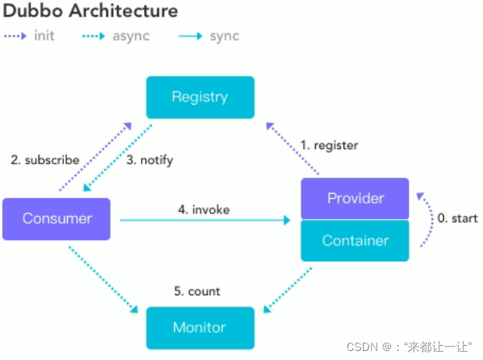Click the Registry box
click(200, 97)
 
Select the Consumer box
click(57, 219)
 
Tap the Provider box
click(355, 198)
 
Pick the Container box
click(355, 240)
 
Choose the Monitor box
click(200, 328)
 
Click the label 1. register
click(329, 145)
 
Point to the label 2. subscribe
click(45, 160)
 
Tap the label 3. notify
click(150, 160)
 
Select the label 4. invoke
click(204, 209)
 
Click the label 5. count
click(197, 291)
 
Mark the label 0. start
click(457, 218)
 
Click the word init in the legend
click(44, 35)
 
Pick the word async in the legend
click(131, 36)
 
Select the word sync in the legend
click(225, 36)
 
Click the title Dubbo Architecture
click(90, 11)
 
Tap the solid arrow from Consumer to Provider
click(205, 220)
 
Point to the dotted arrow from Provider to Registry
click(292, 148)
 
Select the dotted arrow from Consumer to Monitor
click(103, 279)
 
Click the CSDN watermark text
click(409, 347)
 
